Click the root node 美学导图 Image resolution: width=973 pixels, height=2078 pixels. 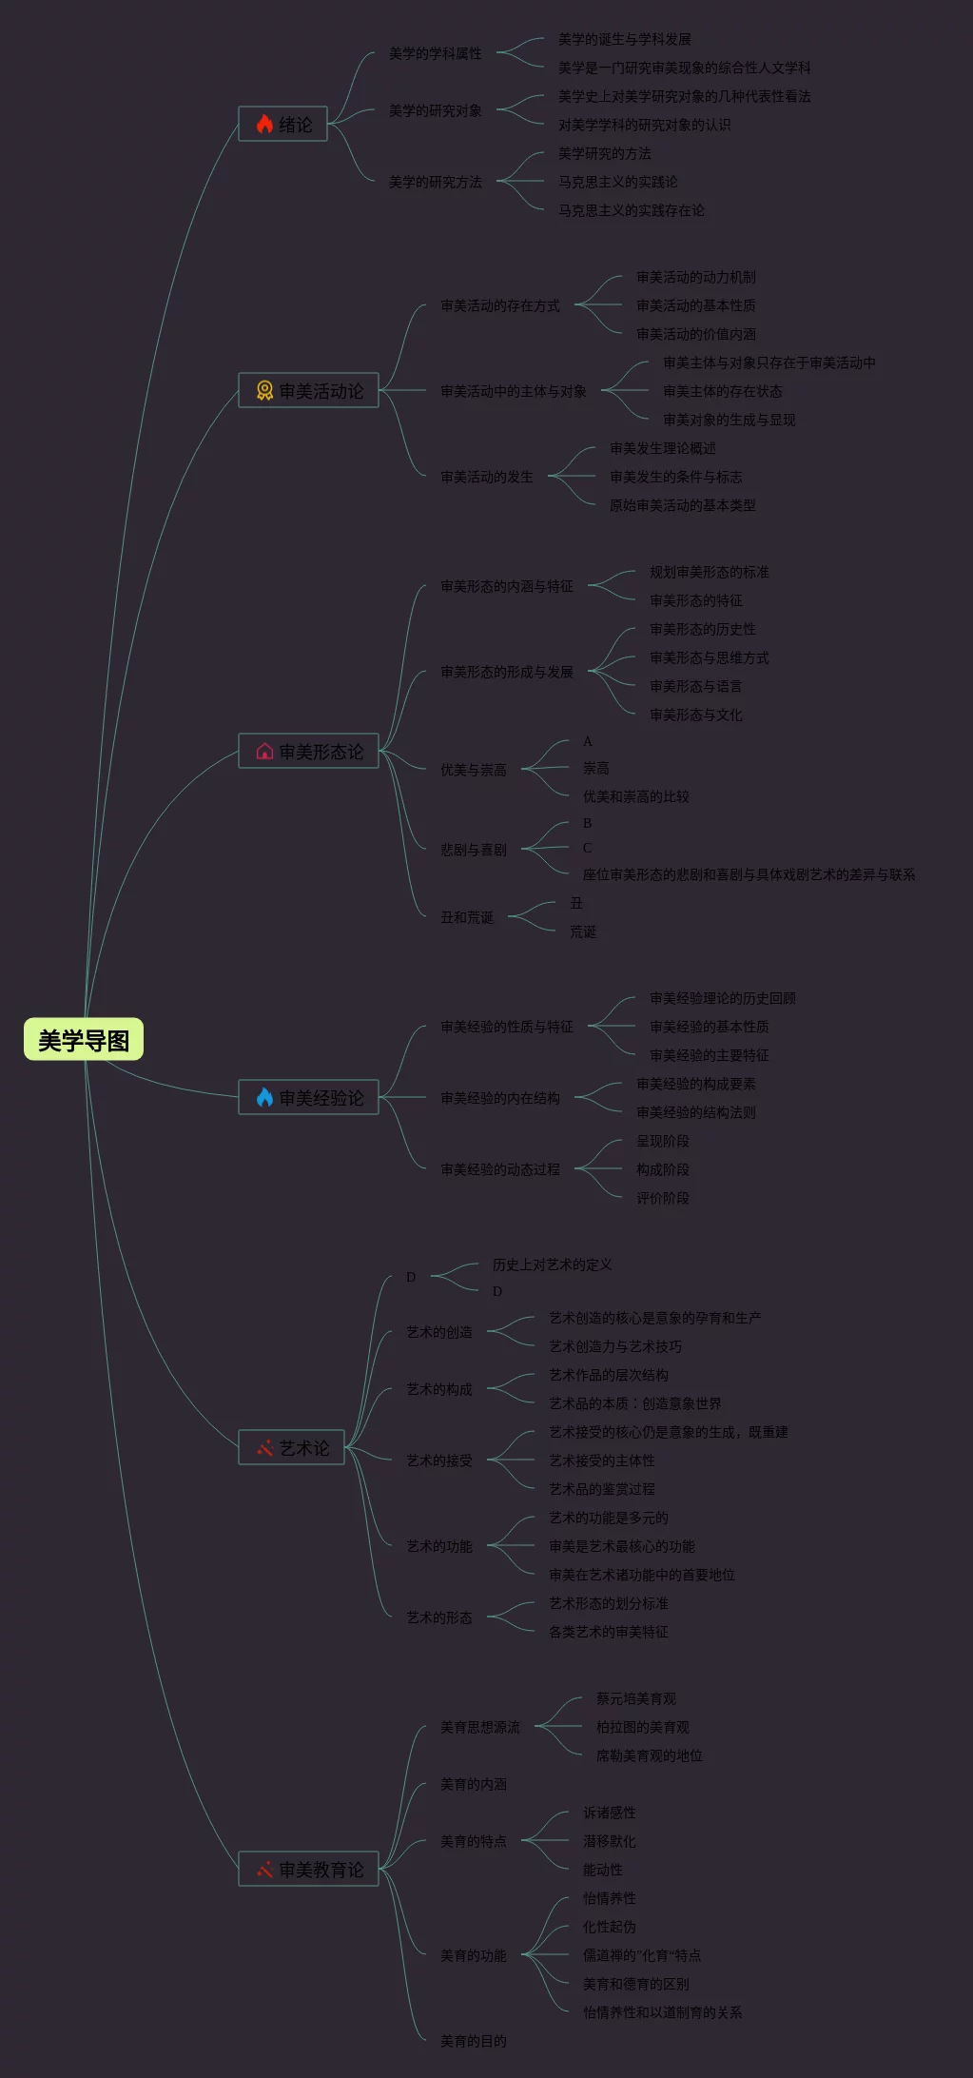[x=84, y=1040]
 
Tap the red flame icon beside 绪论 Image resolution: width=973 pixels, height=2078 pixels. [x=264, y=124]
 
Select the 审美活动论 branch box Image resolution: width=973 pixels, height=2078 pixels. [x=308, y=390]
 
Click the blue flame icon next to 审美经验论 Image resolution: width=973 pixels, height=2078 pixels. [x=264, y=1097]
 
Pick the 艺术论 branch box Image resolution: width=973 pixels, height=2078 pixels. [x=291, y=1447]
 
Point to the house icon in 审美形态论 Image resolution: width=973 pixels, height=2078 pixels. [x=264, y=752]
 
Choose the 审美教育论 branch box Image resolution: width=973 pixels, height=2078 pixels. [x=308, y=1870]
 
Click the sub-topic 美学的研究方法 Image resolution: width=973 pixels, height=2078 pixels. [x=435, y=182]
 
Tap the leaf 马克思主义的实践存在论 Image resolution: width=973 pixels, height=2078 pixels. [x=631, y=210]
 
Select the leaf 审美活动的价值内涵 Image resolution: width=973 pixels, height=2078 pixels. [x=695, y=334]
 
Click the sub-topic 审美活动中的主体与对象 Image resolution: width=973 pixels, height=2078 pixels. [x=513, y=391]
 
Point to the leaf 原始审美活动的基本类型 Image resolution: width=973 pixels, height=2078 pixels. [x=682, y=505]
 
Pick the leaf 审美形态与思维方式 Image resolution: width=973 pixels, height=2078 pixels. [x=709, y=657]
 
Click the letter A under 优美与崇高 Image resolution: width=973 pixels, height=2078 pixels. [x=587, y=741]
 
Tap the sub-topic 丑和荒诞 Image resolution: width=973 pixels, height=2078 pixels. [x=466, y=917]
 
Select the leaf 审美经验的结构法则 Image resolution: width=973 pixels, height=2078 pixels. [x=695, y=1112]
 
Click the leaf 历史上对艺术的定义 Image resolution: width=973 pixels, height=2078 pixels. [x=552, y=1264]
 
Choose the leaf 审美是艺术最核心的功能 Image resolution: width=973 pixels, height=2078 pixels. [x=621, y=1546]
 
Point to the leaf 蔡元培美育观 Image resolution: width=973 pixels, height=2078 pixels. [x=635, y=1698]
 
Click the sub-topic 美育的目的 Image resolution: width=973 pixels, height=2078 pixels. [x=473, y=2041]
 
